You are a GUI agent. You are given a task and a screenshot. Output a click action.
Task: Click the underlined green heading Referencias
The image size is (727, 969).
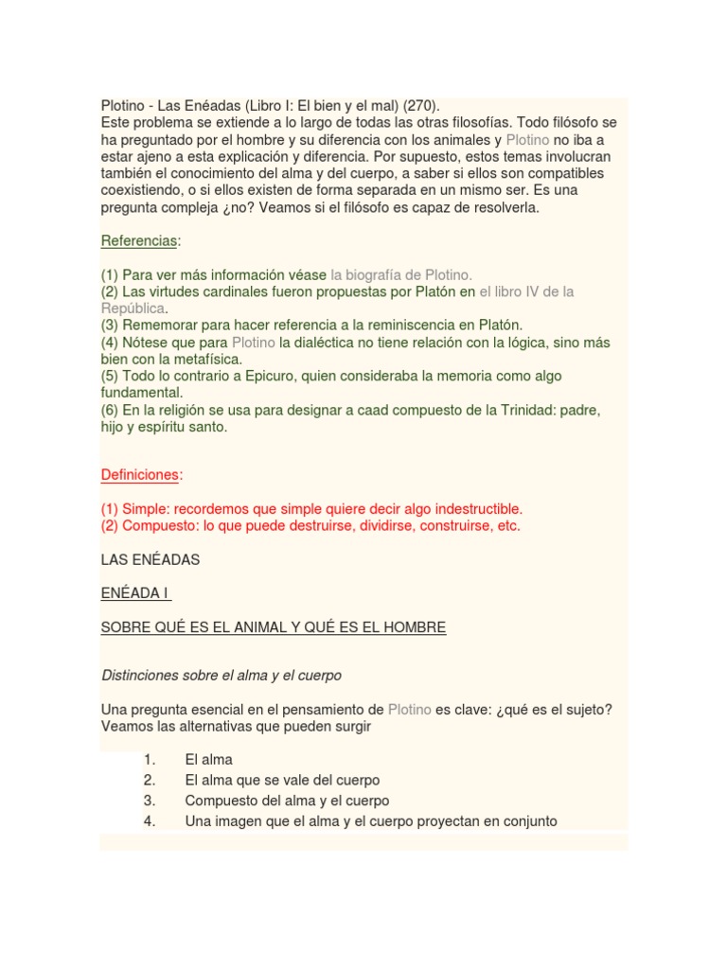[139, 241]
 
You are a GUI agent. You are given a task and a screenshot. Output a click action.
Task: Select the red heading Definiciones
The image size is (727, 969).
[141, 474]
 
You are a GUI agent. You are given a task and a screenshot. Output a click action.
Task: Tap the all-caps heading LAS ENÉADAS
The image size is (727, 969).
[151, 559]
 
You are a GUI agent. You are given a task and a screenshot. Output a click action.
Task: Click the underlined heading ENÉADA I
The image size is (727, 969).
[134, 593]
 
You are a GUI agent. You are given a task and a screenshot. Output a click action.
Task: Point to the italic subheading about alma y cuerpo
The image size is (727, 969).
[221, 676]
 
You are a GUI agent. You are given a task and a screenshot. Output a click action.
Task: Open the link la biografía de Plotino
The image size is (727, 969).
[400, 274]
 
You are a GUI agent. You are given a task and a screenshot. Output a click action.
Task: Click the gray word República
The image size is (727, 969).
[133, 308]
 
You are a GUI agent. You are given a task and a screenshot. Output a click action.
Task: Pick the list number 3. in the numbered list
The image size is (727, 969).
[150, 801]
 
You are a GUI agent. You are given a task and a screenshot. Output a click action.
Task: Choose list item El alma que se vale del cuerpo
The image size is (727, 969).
[282, 780]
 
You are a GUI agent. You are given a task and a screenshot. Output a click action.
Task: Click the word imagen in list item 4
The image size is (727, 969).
[240, 821]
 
